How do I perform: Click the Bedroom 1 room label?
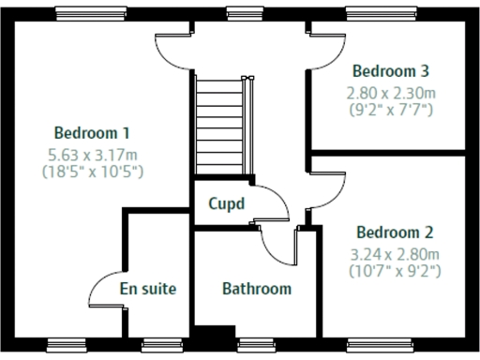(x=92, y=132)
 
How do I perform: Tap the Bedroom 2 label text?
(x=395, y=232)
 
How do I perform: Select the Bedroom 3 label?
(x=390, y=70)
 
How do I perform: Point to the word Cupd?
(x=226, y=203)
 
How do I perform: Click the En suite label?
(x=148, y=289)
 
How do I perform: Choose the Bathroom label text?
(x=256, y=289)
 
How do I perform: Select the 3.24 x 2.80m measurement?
(x=395, y=254)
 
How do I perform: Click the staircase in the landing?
(x=224, y=127)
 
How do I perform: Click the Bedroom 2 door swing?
(x=323, y=192)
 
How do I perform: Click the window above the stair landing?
(x=244, y=12)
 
